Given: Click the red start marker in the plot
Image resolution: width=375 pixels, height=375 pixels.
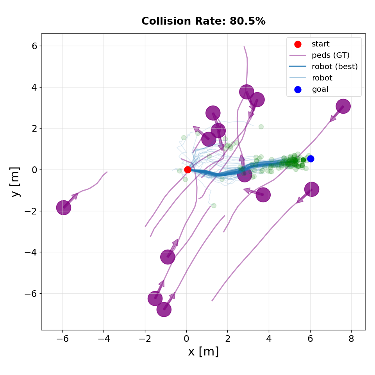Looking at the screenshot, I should [187, 170].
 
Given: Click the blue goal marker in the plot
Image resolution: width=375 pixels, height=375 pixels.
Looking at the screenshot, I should [311, 159].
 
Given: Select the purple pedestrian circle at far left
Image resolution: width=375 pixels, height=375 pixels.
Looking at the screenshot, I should [63, 207].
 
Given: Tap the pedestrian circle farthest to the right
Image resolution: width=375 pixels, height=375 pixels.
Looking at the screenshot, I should [343, 106].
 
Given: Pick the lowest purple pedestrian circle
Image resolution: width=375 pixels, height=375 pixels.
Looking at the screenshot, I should [164, 310].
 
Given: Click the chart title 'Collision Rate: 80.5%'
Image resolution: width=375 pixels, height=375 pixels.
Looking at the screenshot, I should [203, 21].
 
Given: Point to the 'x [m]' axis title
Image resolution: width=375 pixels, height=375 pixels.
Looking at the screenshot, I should [203, 352].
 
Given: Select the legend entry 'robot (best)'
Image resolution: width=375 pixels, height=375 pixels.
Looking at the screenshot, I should [334, 67].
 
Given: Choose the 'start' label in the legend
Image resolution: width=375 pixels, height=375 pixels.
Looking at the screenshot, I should [320, 44].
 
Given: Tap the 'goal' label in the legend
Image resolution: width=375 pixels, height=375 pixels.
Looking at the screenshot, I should [320, 89].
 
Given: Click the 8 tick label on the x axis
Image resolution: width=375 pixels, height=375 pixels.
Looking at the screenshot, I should [351, 339].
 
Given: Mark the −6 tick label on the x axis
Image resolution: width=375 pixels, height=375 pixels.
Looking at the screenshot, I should [62, 339].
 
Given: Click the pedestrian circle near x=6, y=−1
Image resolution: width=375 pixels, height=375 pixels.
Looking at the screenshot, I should [311, 189].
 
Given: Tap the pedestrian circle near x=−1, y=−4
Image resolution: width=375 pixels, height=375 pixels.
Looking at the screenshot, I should [168, 257].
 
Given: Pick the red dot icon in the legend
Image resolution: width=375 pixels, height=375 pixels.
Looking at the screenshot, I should [298, 44].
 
